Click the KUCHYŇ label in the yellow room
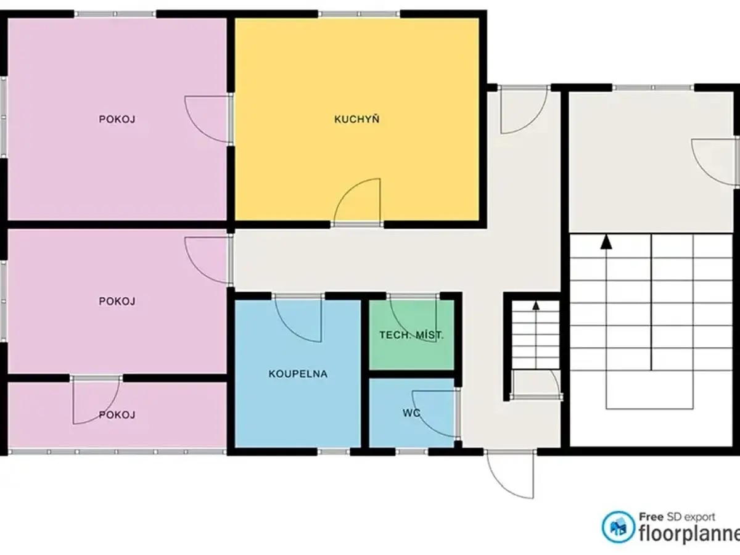click(x=356, y=119)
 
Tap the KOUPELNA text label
click(x=298, y=374)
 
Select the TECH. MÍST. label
click(x=412, y=335)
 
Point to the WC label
click(x=411, y=413)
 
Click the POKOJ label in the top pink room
click(x=117, y=119)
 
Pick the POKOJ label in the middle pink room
click(x=117, y=301)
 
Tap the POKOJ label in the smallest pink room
click(x=117, y=414)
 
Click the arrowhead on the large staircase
click(x=606, y=242)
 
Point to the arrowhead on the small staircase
click(x=536, y=305)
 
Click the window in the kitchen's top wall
click(x=359, y=14)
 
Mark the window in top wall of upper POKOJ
click(x=115, y=14)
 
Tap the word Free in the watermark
click(x=651, y=517)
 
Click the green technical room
click(x=412, y=335)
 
